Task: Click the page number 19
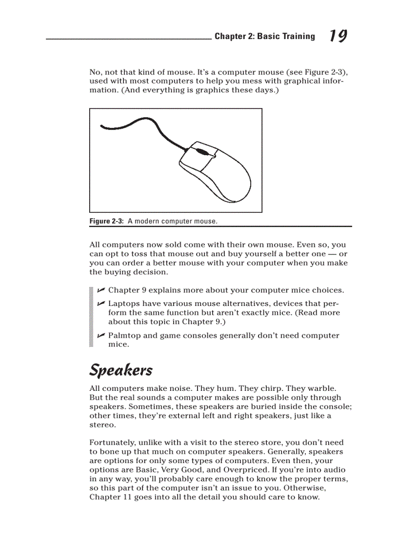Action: click(338, 36)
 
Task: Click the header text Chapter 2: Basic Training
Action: click(264, 36)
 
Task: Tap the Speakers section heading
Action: click(120, 370)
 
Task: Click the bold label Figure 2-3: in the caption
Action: click(106, 221)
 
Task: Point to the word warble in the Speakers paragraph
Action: click(321, 389)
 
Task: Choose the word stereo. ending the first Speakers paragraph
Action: click(102, 425)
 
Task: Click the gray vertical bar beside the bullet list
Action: click(91, 317)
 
